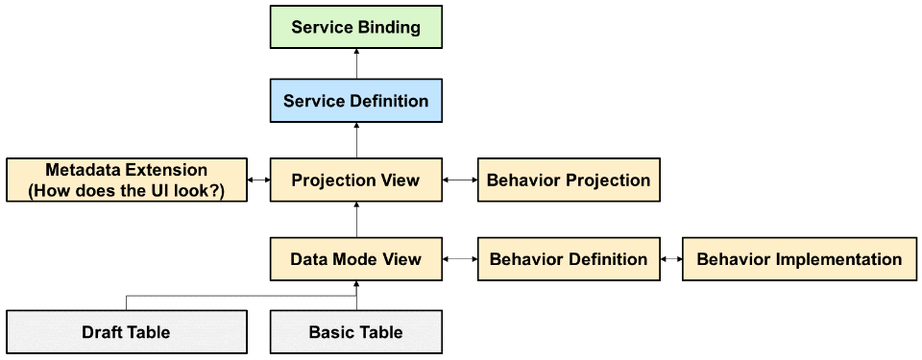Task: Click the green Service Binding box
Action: click(355, 27)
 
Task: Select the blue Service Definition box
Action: click(355, 101)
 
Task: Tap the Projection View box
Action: click(355, 180)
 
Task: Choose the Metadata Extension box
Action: click(127, 180)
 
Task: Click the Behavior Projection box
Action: click(569, 180)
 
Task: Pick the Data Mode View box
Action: click(355, 259)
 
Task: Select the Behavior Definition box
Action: click(569, 259)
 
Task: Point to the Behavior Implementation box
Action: click(799, 259)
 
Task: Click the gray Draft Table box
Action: click(127, 332)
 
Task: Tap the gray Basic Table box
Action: click(355, 332)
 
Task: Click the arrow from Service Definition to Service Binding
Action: click(355, 63)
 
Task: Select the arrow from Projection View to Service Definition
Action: click(355, 140)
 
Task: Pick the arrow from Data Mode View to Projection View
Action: click(355, 220)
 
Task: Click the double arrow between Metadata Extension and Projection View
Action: click(258, 180)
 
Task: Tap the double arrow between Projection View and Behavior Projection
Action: click(460, 180)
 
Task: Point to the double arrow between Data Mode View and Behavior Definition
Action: click(460, 259)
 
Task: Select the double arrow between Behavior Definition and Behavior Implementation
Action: click(671, 259)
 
